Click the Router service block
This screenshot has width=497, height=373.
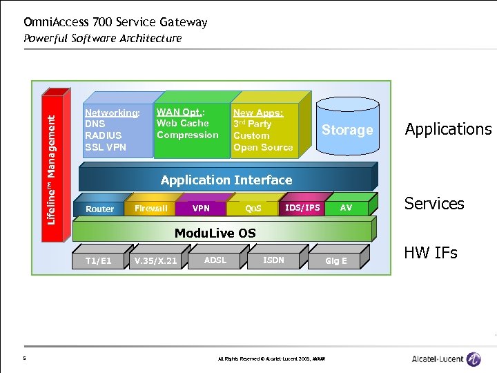pos(100,209)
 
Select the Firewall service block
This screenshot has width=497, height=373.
pos(150,208)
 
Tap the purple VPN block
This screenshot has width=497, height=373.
pos(201,208)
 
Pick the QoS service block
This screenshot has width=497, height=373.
pos(253,208)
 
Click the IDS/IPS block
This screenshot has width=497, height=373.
pos(302,207)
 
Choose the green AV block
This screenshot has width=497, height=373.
pos(346,207)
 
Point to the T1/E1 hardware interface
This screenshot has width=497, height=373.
pos(98,260)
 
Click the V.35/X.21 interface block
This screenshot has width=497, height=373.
pos(155,260)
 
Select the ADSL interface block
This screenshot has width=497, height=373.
pos(215,260)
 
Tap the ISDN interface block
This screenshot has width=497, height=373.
pos(273,260)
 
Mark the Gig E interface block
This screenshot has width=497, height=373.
pos(336,260)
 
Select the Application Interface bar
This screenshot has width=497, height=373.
pos(226,180)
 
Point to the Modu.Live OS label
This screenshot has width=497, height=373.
pos(215,233)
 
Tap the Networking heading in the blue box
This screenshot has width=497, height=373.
pos(111,113)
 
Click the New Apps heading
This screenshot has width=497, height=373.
pos(257,113)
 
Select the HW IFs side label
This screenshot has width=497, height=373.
pos(431,253)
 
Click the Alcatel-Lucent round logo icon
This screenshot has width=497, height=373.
pos(473,358)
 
